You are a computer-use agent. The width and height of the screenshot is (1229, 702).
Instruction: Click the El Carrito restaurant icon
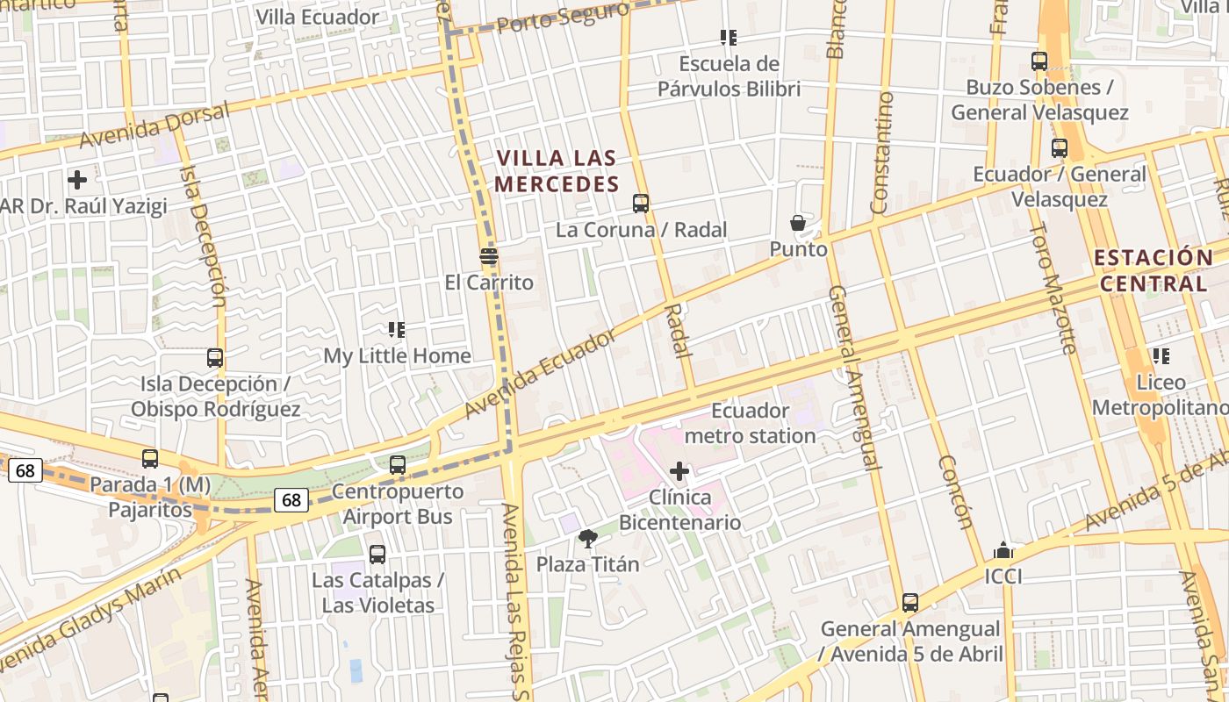point(489,256)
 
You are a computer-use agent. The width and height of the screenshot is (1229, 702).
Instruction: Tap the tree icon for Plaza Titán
point(588,538)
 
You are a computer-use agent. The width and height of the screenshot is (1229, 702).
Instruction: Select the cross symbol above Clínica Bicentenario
point(679,471)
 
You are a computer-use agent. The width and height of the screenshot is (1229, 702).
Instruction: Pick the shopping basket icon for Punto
point(798,223)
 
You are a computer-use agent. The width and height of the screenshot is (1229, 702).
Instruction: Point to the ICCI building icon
point(1003,551)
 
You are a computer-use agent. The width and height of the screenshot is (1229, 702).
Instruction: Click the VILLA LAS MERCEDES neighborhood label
point(557,171)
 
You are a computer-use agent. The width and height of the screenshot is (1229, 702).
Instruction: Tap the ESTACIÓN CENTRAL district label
point(1154,270)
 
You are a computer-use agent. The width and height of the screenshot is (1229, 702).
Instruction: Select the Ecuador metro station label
point(750,423)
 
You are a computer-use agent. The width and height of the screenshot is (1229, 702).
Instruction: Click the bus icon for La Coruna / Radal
point(641,204)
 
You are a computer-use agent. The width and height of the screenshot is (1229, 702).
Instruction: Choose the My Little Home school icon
point(397,330)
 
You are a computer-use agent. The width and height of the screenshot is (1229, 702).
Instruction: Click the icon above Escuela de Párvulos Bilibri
point(728,38)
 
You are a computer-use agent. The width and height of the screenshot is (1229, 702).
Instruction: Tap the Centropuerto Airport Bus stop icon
point(398,465)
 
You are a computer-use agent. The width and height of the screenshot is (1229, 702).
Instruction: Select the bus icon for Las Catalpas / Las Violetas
point(377,555)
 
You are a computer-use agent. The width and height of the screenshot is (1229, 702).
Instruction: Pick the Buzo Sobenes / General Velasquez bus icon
point(1039,61)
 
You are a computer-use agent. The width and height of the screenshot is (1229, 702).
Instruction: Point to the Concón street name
point(955,492)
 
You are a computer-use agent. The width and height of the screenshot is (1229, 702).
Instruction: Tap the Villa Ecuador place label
point(317,17)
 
